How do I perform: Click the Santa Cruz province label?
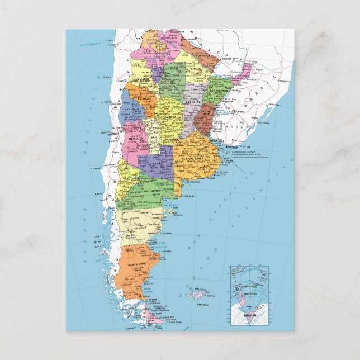tap(137, 263)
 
